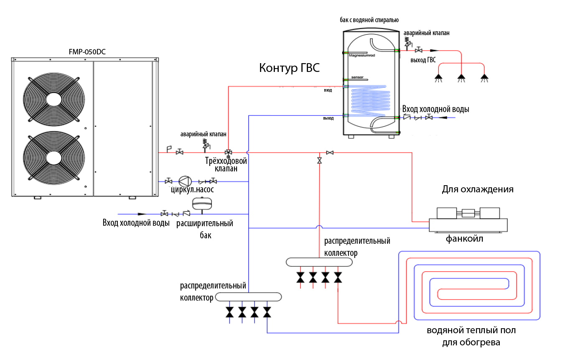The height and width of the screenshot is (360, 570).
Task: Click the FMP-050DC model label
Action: [x=87, y=52]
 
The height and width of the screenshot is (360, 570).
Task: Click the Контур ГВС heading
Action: [x=289, y=68]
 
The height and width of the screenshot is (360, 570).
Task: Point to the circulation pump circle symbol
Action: [x=184, y=181]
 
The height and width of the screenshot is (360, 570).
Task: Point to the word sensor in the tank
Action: [x=358, y=77]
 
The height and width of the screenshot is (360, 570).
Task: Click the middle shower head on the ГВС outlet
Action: [x=461, y=77]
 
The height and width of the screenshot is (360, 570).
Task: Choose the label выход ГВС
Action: [x=423, y=60]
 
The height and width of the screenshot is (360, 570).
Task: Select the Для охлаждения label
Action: [x=477, y=189]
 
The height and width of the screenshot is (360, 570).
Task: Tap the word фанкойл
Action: [x=464, y=239]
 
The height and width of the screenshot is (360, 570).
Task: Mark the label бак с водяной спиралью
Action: [x=369, y=20]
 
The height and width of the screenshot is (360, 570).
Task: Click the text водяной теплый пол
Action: [x=471, y=330]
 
